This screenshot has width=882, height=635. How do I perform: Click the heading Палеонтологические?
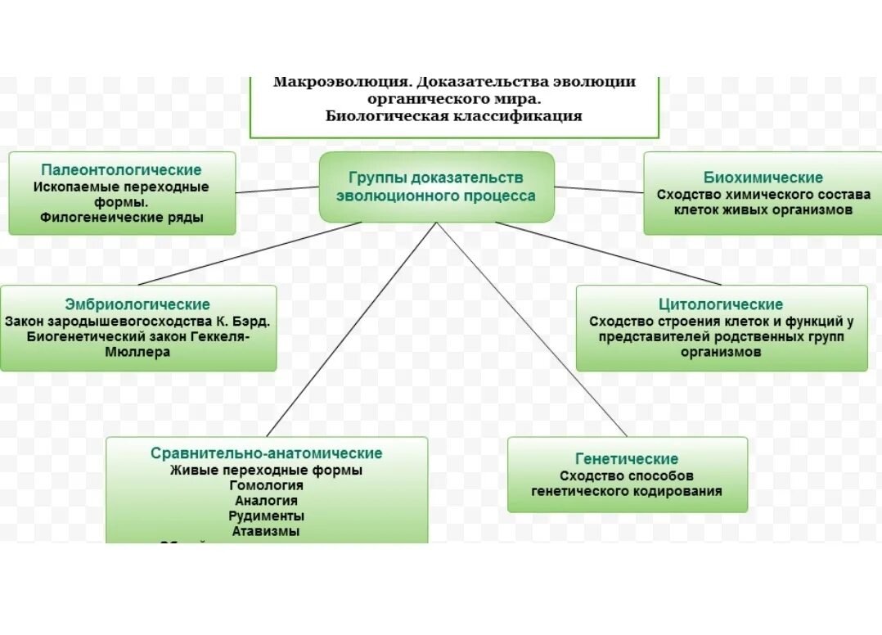[x=121, y=170]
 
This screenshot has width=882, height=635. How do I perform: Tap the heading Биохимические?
[x=763, y=178]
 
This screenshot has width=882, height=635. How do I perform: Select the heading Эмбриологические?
[x=137, y=304]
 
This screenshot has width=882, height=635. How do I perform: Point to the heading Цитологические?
[x=721, y=304]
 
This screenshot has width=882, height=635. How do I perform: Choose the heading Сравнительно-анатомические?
[x=266, y=453]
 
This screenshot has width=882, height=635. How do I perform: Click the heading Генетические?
[x=627, y=459]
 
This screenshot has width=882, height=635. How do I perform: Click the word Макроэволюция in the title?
[x=341, y=82]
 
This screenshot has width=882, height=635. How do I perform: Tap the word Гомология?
[x=266, y=485]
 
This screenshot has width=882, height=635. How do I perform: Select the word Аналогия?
[x=266, y=501]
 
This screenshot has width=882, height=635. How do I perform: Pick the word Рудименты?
[x=266, y=516]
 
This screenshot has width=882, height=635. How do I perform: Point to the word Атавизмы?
[x=266, y=531]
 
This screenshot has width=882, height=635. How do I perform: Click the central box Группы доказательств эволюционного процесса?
[x=436, y=187]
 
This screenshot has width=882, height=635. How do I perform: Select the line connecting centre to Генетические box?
[x=532, y=327]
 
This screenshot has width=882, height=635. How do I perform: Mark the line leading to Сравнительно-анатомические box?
[x=352, y=327]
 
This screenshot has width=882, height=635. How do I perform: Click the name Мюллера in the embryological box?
[x=137, y=352]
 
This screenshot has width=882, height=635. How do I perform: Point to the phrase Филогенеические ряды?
[x=121, y=218]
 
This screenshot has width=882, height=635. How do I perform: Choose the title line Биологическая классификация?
[x=453, y=116]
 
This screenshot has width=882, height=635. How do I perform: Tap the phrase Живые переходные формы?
[x=266, y=471]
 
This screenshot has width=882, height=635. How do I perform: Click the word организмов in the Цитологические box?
[x=721, y=352]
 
